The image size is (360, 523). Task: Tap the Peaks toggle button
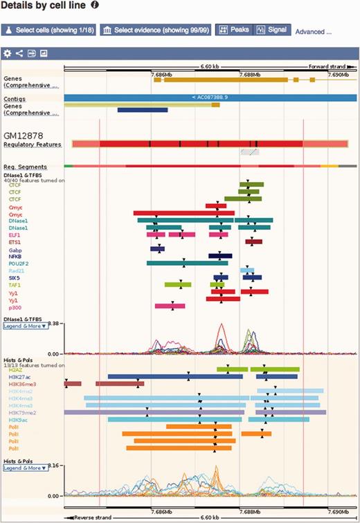coord(233,30)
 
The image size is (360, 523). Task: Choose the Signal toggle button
coord(271,30)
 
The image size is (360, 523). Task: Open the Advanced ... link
coord(313,31)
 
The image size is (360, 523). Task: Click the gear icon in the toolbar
coord(8,53)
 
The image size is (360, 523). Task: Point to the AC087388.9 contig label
coord(210,98)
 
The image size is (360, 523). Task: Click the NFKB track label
coord(15,257)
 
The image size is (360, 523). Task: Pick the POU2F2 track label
coord(19,264)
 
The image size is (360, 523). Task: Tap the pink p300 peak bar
coord(170,305)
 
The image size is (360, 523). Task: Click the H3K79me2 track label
coord(23,412)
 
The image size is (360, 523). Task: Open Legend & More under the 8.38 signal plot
coord(26,326)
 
